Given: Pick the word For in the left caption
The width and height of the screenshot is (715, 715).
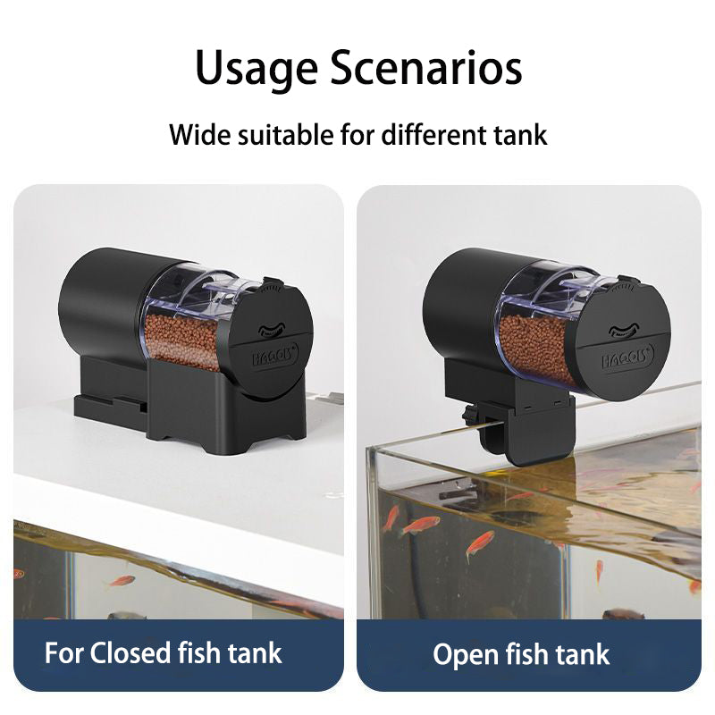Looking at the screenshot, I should [65, 652].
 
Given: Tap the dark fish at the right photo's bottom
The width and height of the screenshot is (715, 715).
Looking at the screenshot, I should [623, 614].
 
